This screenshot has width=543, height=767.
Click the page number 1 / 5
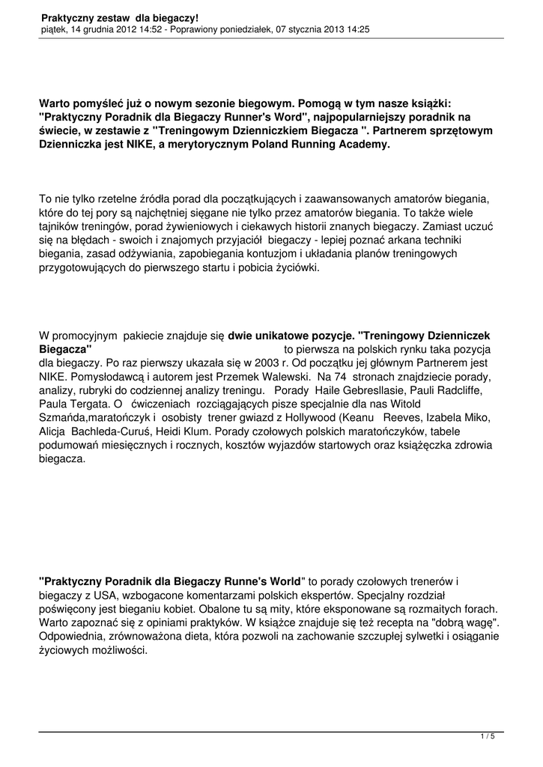point(487,737)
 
